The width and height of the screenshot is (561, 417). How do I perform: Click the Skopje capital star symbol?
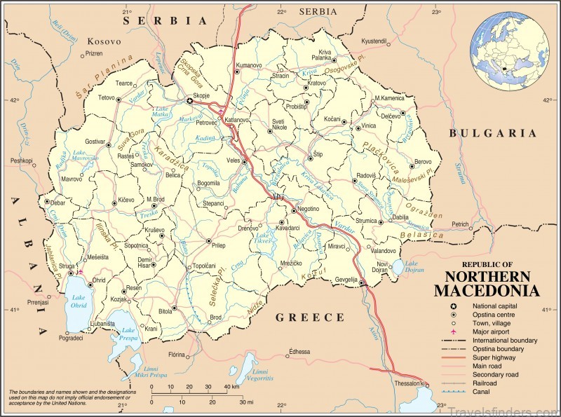click(189, 101)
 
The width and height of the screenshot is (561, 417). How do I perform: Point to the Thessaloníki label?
click(407, 383)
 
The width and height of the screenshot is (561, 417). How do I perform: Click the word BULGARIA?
click(493, 132)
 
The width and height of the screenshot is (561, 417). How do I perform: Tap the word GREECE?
click(309, 317)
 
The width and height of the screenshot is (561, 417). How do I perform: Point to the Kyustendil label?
click(373, 41)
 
